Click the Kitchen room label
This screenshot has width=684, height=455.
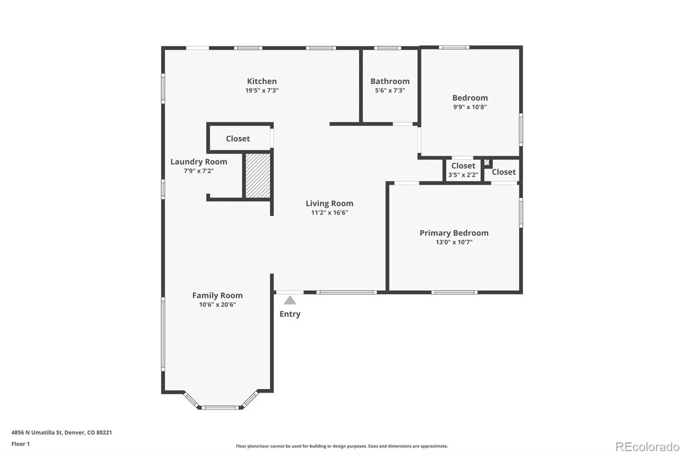(262, 81)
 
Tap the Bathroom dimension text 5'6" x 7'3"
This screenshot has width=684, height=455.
(390, 90)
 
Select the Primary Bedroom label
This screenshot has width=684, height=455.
(454, 233)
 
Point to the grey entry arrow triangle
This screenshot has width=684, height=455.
(290, 300)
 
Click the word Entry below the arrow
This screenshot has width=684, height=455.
(290, 314)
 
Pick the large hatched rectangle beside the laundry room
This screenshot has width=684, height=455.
(258, 176)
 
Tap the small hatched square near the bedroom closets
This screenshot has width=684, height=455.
(487, 162)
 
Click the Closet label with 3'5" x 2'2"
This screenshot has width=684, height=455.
(463, 166)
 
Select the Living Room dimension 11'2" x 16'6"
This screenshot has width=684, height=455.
(330, 213)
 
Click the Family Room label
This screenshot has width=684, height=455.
(218, 295)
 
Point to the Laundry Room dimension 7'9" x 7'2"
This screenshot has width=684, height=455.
(198, 171)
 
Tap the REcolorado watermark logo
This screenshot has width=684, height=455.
(647, 447)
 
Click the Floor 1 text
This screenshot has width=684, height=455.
(21, 444)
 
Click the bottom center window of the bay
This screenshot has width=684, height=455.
(220, 408)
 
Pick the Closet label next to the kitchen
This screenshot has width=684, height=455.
(238, 138)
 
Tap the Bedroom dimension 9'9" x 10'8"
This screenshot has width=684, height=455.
(470, 107)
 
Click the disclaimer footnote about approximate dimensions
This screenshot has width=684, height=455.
(342, 446)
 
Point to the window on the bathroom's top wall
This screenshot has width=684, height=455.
(387, 48)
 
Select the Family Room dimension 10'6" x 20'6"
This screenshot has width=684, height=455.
(218, 304)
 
